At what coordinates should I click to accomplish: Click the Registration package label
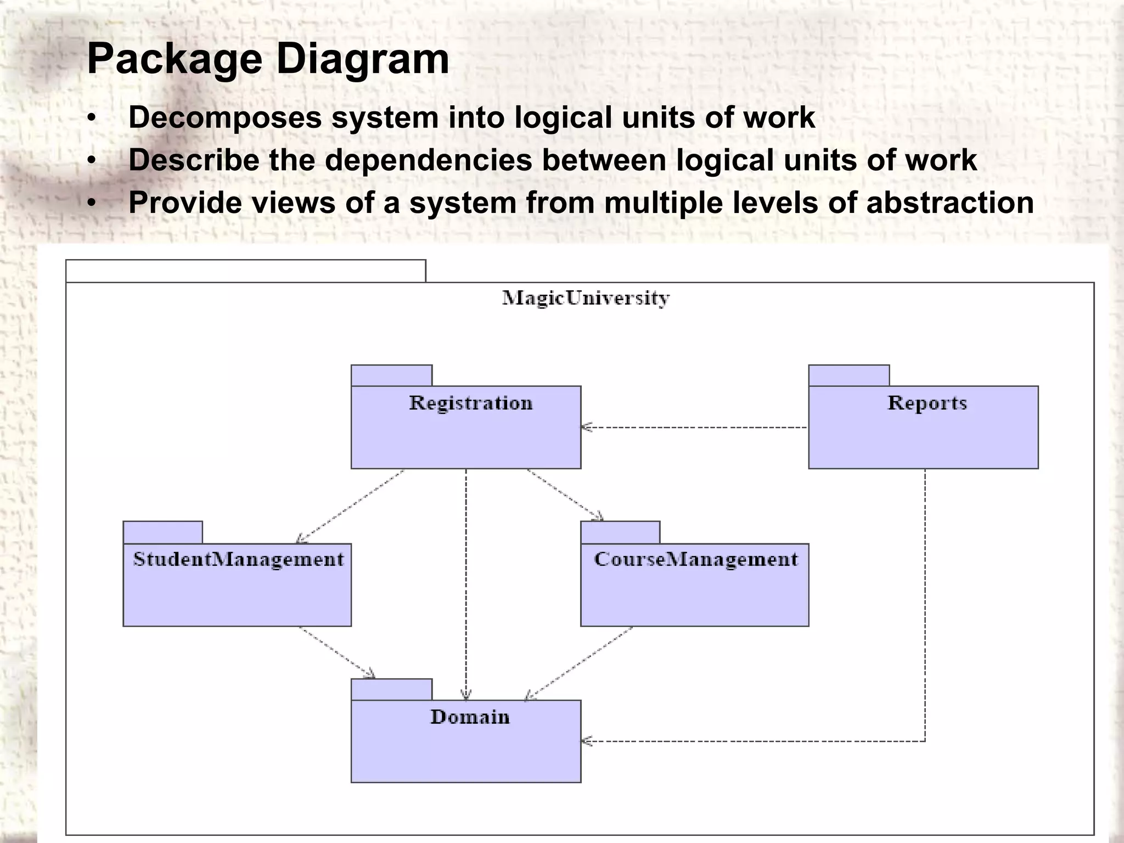coord(471,403)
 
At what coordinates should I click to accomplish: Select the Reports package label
coord(927,403)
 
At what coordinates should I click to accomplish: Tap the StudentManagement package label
coord(238,560)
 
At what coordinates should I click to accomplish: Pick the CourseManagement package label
coord(695,560)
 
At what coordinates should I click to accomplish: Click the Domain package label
coord(470,717)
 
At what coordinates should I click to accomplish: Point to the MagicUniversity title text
coord(586,299)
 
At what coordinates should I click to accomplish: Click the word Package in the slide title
coord(175,59)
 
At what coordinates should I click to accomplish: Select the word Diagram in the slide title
coord(362,59)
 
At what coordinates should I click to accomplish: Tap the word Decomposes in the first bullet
coord(225,118)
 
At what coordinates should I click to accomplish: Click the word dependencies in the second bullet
coord(428,160)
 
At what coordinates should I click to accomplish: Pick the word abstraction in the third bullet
coord(949,203)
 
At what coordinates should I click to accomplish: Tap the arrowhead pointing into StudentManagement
coord(300,540)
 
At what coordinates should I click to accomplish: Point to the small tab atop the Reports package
coord(848,375)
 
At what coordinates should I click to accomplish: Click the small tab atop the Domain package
coord(391,689)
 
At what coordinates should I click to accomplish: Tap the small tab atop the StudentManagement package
coord(162,532)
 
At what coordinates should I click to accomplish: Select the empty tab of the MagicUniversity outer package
coord(245,271)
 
